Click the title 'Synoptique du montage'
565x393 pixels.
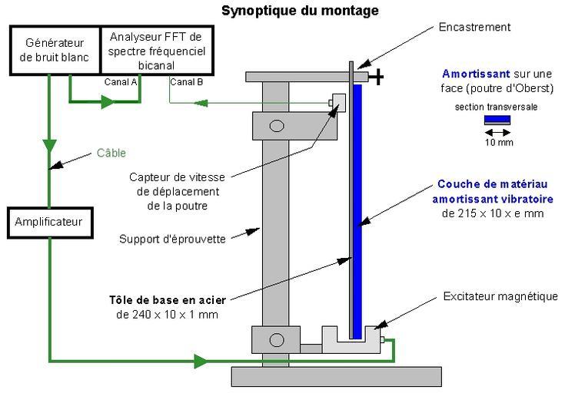point(300,11)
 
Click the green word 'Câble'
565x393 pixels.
point(112,153)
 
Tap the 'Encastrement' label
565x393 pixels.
point(475,27)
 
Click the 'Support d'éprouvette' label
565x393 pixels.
point(172,239)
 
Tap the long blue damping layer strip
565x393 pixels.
point(357,207)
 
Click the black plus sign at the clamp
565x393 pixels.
point(379,77)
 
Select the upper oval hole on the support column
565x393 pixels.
point(277,125)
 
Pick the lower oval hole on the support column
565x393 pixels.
point(277,338)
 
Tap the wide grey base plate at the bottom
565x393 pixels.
point(336,376)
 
